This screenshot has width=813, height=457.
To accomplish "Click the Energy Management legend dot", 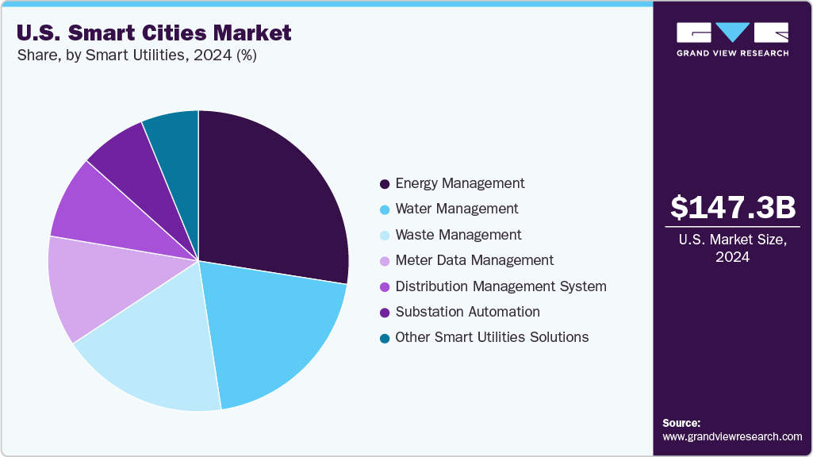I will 385,184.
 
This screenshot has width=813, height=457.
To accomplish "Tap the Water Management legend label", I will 456,209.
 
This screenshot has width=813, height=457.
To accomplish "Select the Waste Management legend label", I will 458,235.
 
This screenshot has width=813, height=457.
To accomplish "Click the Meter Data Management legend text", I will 474,260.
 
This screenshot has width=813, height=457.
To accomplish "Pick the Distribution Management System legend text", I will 500,286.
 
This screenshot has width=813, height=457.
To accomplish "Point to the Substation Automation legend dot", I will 385,313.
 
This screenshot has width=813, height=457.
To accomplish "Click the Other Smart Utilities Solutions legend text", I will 492,337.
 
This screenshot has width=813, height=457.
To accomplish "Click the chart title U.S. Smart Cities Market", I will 153,33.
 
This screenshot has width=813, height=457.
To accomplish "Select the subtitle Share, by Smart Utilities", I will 136,56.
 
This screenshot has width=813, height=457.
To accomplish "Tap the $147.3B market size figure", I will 732,207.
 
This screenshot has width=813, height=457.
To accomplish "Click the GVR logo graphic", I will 732,33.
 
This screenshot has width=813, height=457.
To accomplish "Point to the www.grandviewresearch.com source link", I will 732,436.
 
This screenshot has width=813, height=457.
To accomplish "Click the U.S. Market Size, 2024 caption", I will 732,248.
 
